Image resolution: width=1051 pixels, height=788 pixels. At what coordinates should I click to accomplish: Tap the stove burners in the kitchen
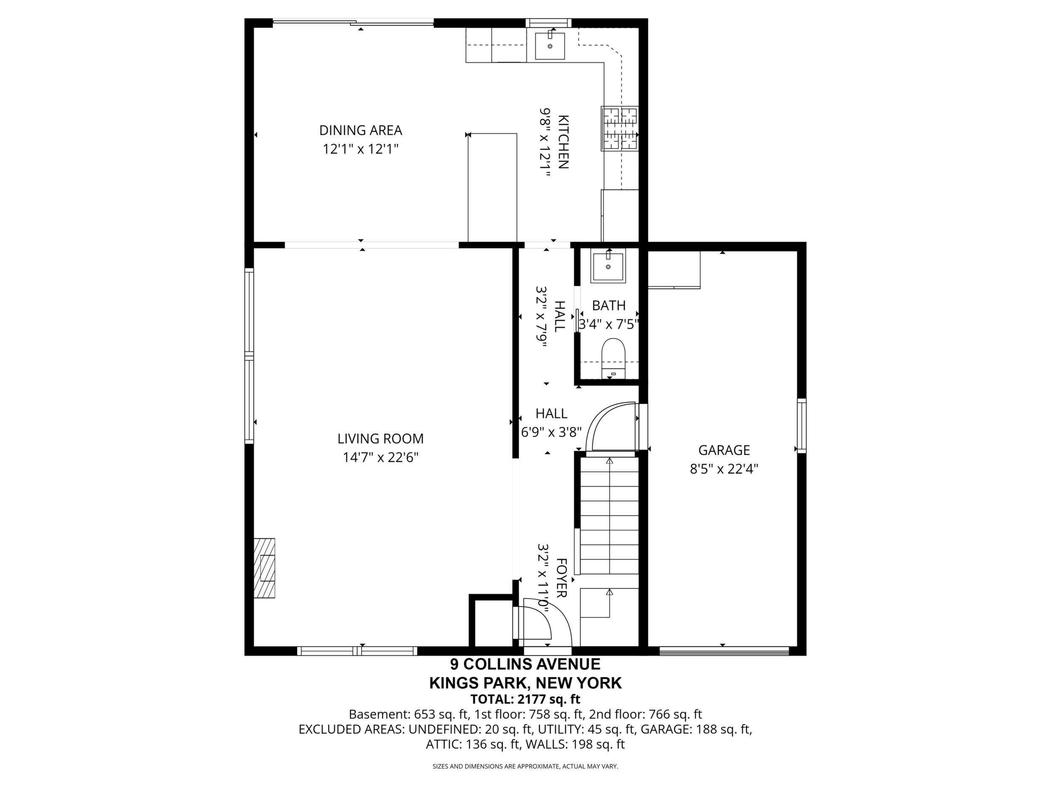[x=620, y=128]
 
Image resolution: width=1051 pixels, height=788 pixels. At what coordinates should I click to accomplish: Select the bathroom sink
[x=608, y=266]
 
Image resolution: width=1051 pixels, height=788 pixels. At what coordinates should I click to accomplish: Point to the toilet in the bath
[x=614, y=358]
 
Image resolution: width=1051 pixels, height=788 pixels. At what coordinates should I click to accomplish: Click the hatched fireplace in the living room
[x=264, y=567]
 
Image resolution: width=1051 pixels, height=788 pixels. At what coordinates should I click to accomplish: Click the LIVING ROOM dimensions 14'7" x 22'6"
[x=381, y=458]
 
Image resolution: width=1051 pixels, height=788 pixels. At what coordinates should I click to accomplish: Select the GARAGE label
[x=724, y=450]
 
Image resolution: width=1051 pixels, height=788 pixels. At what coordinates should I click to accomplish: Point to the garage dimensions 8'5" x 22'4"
[x=724, y=469]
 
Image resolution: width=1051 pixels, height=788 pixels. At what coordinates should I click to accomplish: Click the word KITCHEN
[x=563, y=142]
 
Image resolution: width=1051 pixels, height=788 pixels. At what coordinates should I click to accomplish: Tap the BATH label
[x=608, y=306]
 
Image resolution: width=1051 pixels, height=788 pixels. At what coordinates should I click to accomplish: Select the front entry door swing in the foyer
[x=547, y=623]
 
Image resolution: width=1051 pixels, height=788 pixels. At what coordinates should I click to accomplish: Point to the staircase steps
[x=609, y=515]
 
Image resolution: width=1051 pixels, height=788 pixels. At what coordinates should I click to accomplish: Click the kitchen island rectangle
[x=492, y=188]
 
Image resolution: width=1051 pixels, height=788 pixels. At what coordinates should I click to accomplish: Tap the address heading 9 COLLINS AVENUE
[x=525, y=663]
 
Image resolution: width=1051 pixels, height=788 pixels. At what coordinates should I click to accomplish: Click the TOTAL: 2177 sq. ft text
[x=525, y=699]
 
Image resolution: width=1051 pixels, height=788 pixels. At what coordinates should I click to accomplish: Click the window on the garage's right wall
[x=802, y=426]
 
